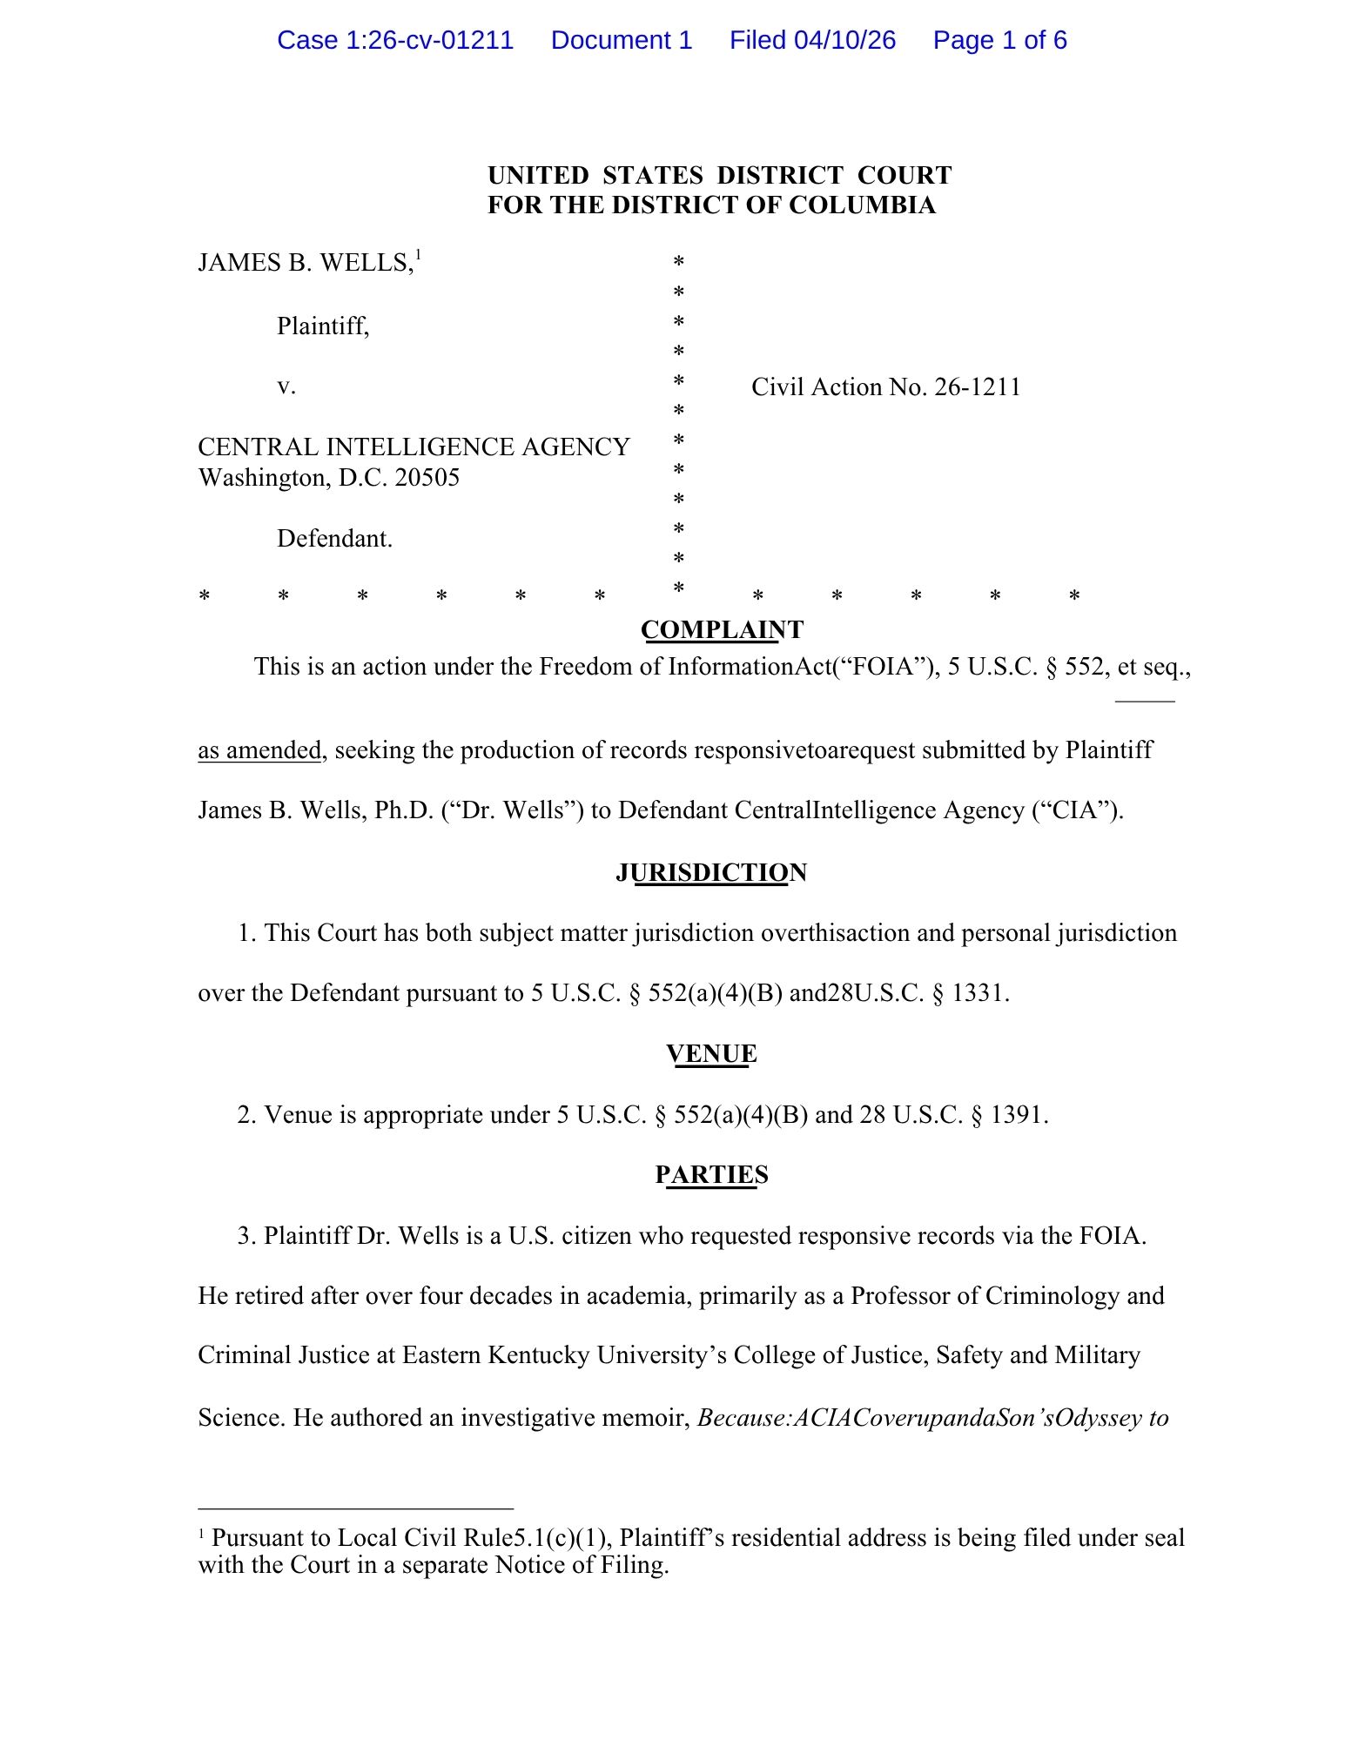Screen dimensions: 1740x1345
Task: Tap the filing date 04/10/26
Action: (x=844, y=40)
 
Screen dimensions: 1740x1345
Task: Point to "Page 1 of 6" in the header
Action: (x=999, y=40)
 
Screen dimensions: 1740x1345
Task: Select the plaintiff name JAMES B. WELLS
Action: (x=305, y=263)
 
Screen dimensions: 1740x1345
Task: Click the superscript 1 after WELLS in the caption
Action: (x=419, y=255)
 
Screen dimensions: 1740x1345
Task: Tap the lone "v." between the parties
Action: (x=286, y=386)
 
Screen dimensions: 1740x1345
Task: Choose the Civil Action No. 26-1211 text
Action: (x=885, y=387)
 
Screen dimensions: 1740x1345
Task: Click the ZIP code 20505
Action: (x=427, y=478)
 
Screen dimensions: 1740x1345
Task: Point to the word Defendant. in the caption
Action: (x=335, y=539)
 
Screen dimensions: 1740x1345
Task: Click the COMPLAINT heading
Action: (x=722, y=629)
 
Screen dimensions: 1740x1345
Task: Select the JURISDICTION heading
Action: (x=710, y=872)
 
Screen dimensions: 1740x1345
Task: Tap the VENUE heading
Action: (x=711, y=1054)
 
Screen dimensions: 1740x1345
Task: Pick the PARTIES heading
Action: (x=711, y=1175)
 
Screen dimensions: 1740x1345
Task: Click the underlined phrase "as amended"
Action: (x=259, y=750)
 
